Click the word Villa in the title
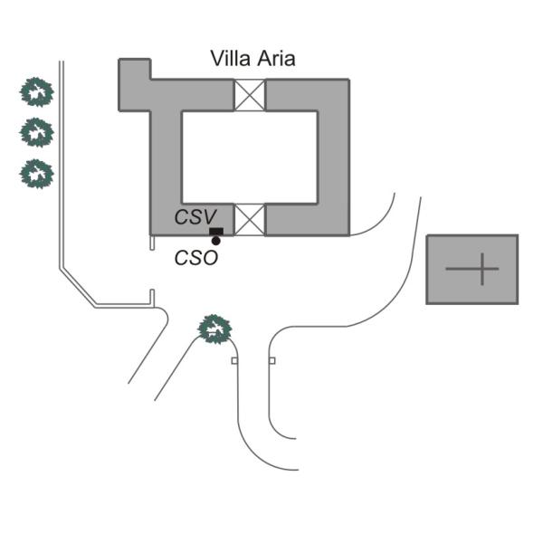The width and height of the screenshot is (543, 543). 230,59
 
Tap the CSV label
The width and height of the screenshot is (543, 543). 195,217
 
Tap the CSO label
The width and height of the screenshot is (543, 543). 196,258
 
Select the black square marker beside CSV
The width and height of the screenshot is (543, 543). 216,232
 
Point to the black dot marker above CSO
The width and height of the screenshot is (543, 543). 215,241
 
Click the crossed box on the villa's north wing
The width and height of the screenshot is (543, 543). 250,95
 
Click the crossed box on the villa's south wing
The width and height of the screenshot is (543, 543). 250,220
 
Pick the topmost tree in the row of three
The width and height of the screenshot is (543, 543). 36,92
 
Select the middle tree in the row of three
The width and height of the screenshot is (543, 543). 36,132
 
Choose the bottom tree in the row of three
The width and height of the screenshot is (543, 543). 36,174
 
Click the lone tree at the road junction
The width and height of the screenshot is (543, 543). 214,329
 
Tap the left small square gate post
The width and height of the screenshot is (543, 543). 234,361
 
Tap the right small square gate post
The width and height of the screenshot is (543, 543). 272,361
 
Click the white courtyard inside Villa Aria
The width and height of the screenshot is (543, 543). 250,157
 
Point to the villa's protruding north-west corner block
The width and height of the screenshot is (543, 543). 135,85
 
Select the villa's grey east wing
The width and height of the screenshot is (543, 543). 333,157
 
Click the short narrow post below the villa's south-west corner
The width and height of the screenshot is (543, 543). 152,243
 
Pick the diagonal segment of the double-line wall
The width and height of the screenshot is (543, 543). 78,287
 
